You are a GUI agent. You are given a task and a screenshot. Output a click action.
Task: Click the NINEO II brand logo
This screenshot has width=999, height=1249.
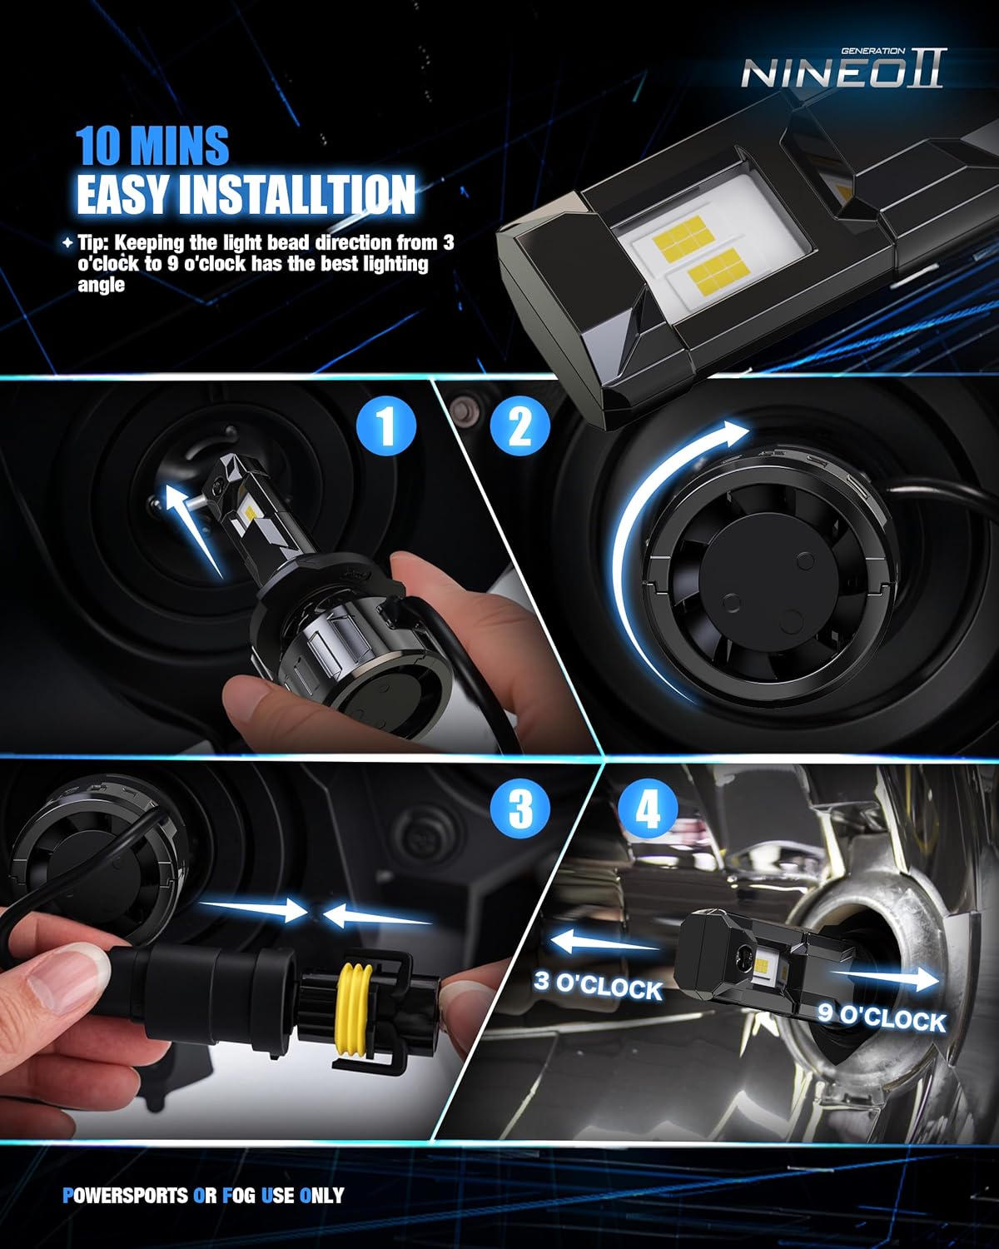pos(842,72)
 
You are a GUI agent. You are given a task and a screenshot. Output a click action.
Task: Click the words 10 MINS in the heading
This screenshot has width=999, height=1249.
pos(152,145)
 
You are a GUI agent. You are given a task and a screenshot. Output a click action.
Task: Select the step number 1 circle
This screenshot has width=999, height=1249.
pos(386,427)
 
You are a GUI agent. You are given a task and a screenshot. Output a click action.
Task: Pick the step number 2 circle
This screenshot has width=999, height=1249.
pos(520,427)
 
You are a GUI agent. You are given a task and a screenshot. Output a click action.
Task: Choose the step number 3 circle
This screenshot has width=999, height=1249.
pos(520,808)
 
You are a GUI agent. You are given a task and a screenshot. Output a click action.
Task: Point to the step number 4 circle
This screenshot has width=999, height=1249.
pos(649,808)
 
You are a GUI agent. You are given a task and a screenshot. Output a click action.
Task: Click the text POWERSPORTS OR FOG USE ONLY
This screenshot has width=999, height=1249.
pos(203,1195)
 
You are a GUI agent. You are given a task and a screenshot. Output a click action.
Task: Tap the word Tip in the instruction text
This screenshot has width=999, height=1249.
pos(93,243)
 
